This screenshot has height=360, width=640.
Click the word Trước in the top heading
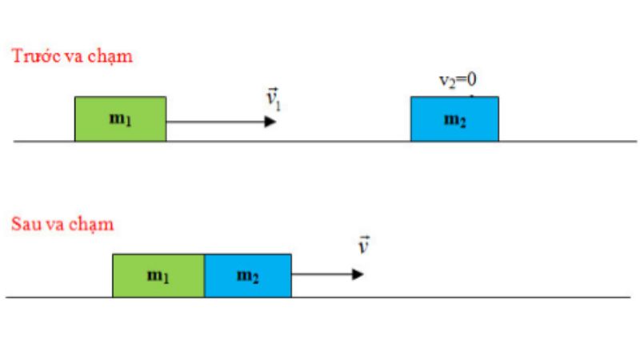(37, 55)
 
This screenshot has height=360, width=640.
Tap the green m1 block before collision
(121, 119)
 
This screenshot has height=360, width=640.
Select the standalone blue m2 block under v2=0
(454, 119)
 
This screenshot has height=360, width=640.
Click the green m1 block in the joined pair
(158, 275)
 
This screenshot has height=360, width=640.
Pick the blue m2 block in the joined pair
(248, 275)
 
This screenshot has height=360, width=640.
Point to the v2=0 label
(458, 80)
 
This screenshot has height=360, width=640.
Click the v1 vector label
(273, 99)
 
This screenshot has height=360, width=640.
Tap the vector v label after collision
(364, 245)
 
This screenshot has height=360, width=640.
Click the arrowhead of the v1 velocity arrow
(270, 122)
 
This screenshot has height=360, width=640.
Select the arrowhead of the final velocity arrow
(358, 274)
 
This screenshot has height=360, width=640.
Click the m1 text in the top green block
(121, 119)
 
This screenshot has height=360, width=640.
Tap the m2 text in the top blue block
(454, 121)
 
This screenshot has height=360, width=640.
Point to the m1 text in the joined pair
(158, 276)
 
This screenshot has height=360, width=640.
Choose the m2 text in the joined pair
(248, 277)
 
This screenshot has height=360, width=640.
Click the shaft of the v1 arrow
(215, 122)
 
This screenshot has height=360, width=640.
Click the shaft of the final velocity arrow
(322, 274)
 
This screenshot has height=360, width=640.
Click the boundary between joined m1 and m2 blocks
(205, 275)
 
